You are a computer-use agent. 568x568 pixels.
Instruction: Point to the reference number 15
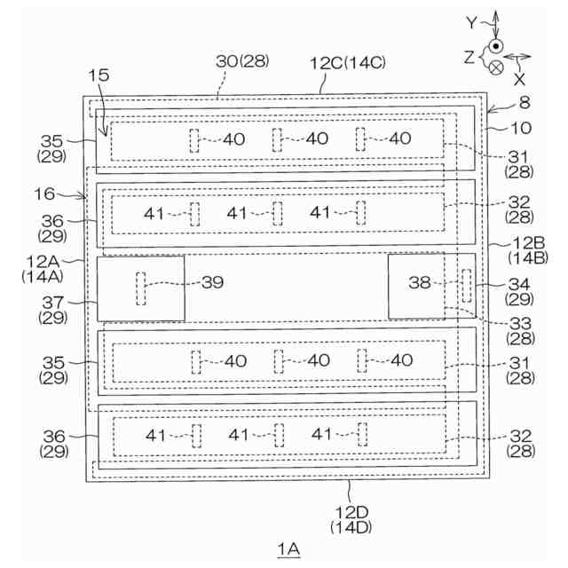[x=100, y=77]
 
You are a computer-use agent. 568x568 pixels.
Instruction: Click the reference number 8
[x=525, y=102]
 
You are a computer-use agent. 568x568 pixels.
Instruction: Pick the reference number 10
[x=521, y=128]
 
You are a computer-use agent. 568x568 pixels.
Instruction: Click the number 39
[x=212, y=282]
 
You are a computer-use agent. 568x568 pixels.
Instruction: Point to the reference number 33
[x=521, y=323]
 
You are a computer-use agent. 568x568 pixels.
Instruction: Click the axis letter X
[x=519, y=77]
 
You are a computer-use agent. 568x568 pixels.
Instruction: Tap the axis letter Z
[x=469, y=55]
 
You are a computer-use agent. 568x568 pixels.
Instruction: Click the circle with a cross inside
[x=497, y=66]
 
